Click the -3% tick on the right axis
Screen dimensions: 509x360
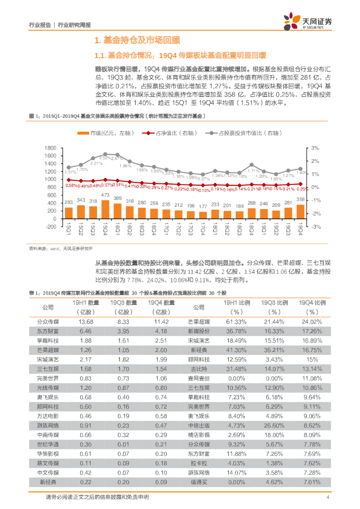point(315,226)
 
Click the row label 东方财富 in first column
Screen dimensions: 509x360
point(48,331)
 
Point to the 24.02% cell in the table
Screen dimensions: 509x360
point(312,322)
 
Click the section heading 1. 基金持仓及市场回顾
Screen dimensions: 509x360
point(137,41)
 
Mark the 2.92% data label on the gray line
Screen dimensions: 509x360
point(105,158)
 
